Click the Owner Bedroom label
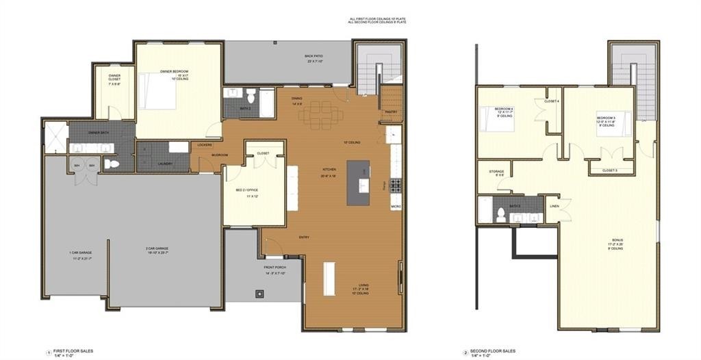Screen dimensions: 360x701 (x=174, y=72)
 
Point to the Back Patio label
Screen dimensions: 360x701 (x=314, y=57)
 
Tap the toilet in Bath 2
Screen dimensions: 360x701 (x=251, y=94)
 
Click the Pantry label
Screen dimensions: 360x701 (x=391, y=112)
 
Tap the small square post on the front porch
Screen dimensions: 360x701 (x=259, y=294)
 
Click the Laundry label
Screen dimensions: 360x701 (x=164, y=164)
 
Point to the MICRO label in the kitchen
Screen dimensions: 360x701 (x=396, y=206)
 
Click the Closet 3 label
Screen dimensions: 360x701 (x=610, y=170)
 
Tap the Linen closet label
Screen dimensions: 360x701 (x=553, y=207)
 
